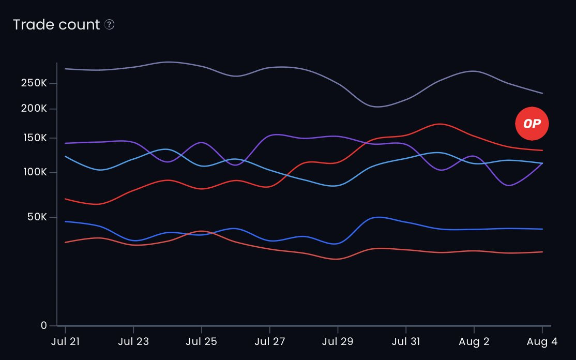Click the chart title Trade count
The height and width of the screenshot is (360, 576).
(x=56, y=25)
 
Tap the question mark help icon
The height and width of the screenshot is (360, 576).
(x=109, y=25)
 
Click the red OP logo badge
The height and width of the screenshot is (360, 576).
(x=532, y=124)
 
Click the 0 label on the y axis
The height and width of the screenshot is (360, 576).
(x=44, y=326)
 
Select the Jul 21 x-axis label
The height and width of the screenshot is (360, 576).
(x=65, y=342)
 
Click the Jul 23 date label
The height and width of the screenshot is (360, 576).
(x=133, y=342)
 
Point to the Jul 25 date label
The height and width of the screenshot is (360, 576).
(x=201, y=342)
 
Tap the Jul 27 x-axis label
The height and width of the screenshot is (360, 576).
(x=269, y=342)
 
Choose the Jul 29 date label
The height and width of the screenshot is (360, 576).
(x=338, y=342)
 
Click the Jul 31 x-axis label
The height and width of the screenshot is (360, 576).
(x=405, y=342)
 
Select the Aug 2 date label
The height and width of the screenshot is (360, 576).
(x=474, y=342)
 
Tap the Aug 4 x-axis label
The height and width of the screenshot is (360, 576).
(x=541, y=342)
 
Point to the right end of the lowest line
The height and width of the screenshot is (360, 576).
(x=542, y=252)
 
